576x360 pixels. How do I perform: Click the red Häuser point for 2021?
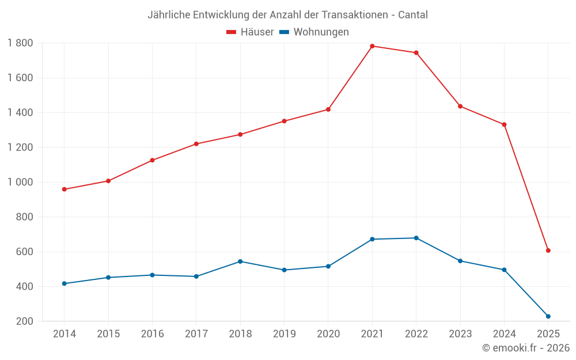pyautogui.click(x=372, y=46)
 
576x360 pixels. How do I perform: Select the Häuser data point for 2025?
pyautogui.click(x=548, y=251)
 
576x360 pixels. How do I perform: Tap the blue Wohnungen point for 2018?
pyautogui.click(x=240, y=262)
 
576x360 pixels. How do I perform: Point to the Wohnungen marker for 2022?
pyautogui.click(x=416, y=238)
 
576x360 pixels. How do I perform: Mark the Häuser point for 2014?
pyautogui.click(x=64, y=190)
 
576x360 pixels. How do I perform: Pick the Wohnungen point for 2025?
pyautogui.click(x=548, y=316)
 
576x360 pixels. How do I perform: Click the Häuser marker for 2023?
pyautogui.click(x=460, y=106)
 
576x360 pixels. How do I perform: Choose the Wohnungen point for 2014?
pyautogui.click(x=64, y=283)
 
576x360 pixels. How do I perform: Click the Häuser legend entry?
pyautogui.click(x=250, y=32)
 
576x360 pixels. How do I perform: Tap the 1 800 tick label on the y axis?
pyautogui.click(x=20, y=43)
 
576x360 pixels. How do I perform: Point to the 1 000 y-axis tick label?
pyautogui.click(x=20, y=182)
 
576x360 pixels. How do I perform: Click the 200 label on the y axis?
pyautogui.click(x=24, y=321)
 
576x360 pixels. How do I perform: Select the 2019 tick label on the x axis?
pyautogui.click(x=284, y=334)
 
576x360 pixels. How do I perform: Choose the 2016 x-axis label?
pyautogui.click(x=152, y=334)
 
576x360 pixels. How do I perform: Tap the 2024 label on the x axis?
pyautogui.click(x=504, y=334)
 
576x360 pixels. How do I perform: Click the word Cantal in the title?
pyautogui.click(x=413, y=15)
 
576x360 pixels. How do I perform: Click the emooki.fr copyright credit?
pyautogui.click(x=526, y=348)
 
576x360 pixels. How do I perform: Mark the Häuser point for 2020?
pyautogui.click(x=328, y=109)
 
